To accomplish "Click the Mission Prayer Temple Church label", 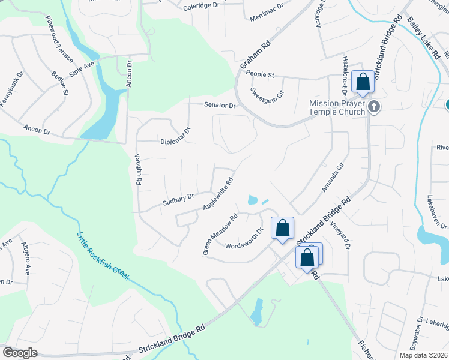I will (x=337, y=107).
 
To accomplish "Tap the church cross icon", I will (x=374, y=107).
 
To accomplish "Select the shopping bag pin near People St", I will (x=363, y=82).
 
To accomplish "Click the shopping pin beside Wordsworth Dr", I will (x=282, y=229).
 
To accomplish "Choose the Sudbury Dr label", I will (x=178, y=200).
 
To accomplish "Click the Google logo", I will (x=20, y=352).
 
